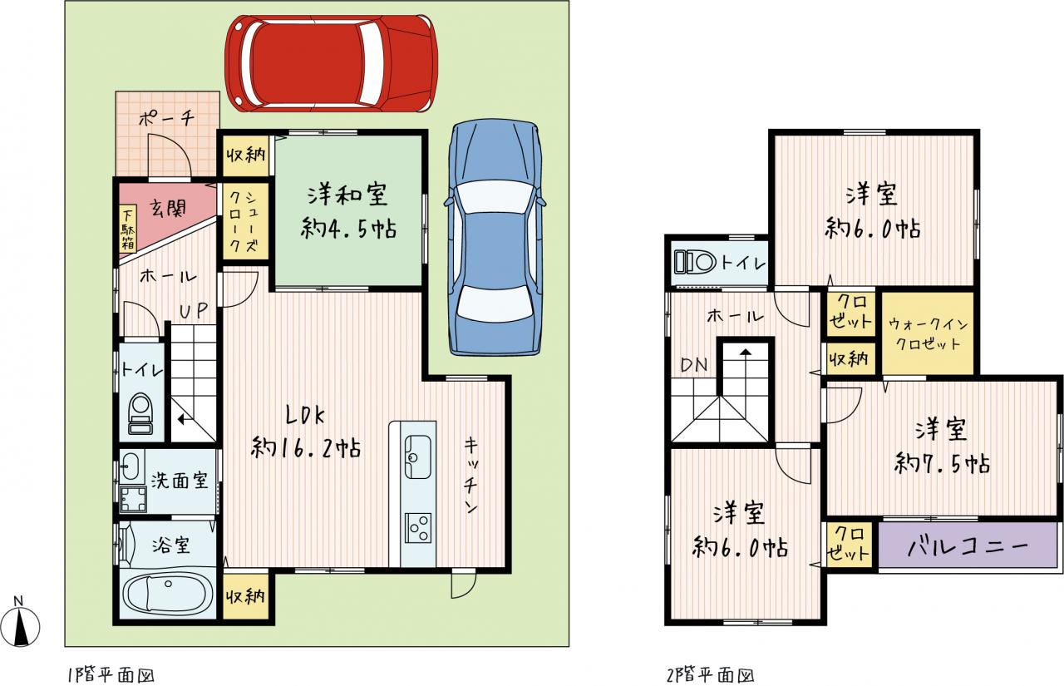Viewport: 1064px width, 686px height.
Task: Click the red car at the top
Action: tap(331, 64)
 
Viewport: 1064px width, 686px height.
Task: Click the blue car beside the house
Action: tap(495, 238)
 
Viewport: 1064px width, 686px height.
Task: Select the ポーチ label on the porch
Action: tap(167, 117)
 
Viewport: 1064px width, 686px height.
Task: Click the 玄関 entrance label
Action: tap(168, 207)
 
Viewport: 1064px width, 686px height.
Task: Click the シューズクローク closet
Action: tap(244, 221)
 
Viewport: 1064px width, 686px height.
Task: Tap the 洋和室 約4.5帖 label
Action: tap(348, 212)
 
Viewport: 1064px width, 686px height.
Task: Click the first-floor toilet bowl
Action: tap(141, 412)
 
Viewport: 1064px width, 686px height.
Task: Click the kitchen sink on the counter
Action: tap(417, 457)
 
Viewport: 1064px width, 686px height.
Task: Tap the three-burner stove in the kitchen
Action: tap(418, 528)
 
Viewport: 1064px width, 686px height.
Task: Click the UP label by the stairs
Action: tap(194, 311)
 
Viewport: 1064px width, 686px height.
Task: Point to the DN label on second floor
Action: tap(694, 365)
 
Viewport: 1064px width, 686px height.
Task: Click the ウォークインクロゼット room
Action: tap(928, 333)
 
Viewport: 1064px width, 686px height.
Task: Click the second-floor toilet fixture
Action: tap(695, 262)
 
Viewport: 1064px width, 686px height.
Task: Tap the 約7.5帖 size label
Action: tap(942, 464)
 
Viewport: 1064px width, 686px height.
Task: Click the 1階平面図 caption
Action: tap(111, 674)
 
